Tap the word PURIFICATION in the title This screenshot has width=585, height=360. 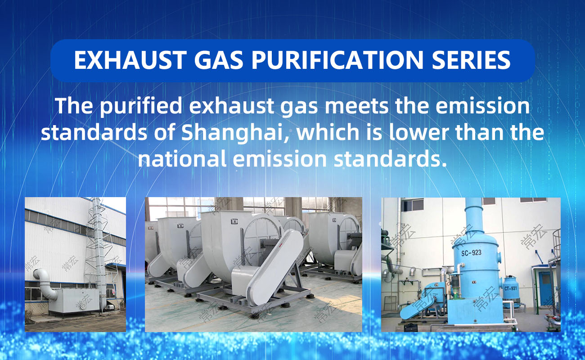[337, 60]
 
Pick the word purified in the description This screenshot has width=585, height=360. [141, 106]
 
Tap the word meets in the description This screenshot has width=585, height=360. [356, 106]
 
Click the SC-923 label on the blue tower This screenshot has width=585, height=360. [471, 252]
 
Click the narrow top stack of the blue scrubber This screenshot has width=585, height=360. [474, 214]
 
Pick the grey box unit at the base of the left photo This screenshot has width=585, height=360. [74, 301]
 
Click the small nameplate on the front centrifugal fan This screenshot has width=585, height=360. [234, 221]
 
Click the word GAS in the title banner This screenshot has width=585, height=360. [218, 60]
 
